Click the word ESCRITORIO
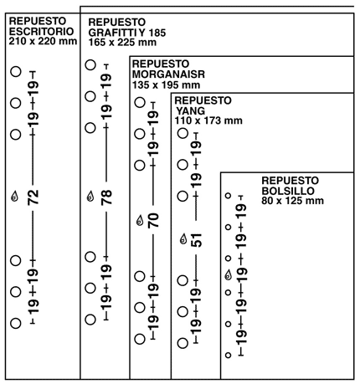pyautogui.click(x=41, y=31)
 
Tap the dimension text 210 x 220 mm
pyautogui.click(x=43, y=41)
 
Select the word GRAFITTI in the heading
pyautogui.click(x=112, y=33)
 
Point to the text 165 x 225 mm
pyautogui.click(x=122, y=43)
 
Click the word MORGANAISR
pyautogui.click(x=168, y=74)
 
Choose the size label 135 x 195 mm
pyautogui.click(x=166, y=84)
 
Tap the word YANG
pyautogui.click(x=191, y=110)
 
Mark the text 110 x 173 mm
pyautogui.click(x=208, y=120)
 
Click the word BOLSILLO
pyautogui.click(x=288, y=191)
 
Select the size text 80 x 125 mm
pyautogui.click(x=292, y=201)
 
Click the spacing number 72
pyautogui.click(x=33, y=197)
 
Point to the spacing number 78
pyautogui.click(x=106, y=197)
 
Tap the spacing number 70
pyautogui.click(x=153, y=220)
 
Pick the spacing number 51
pyautogui.click(x=197, y=240)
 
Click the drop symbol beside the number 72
pyautogui.click(x=14, y=197)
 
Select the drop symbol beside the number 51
pyautogui.click(x=183, y=239)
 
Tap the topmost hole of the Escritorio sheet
pyautogui.click(x=16, y=71)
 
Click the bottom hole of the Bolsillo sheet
pyautogui.click(x=229, y=355)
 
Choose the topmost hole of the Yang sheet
pyautogui.click(x=183, y=133)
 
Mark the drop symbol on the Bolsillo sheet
pyautogui.click(x=229, y=275)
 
